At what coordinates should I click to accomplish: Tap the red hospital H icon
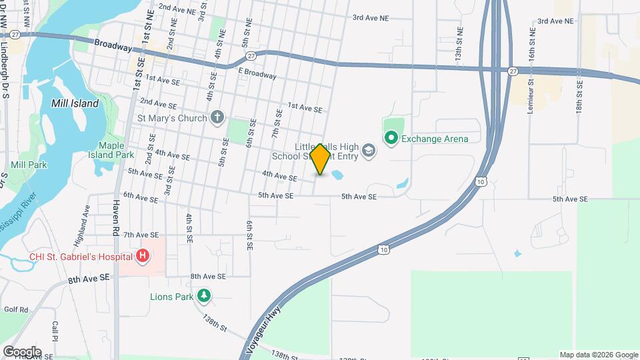[142, 255]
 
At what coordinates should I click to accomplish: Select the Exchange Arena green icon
[391, 139]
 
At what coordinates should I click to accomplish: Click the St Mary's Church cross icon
[216, 119]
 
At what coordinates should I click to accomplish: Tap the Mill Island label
[75, 103]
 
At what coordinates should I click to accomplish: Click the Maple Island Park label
[116, 150]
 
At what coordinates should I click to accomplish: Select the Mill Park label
[28, 164]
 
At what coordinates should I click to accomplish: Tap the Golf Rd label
[15, 309]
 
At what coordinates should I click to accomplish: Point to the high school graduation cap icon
[368, 151]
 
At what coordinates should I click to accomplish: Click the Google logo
[22, 351]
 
